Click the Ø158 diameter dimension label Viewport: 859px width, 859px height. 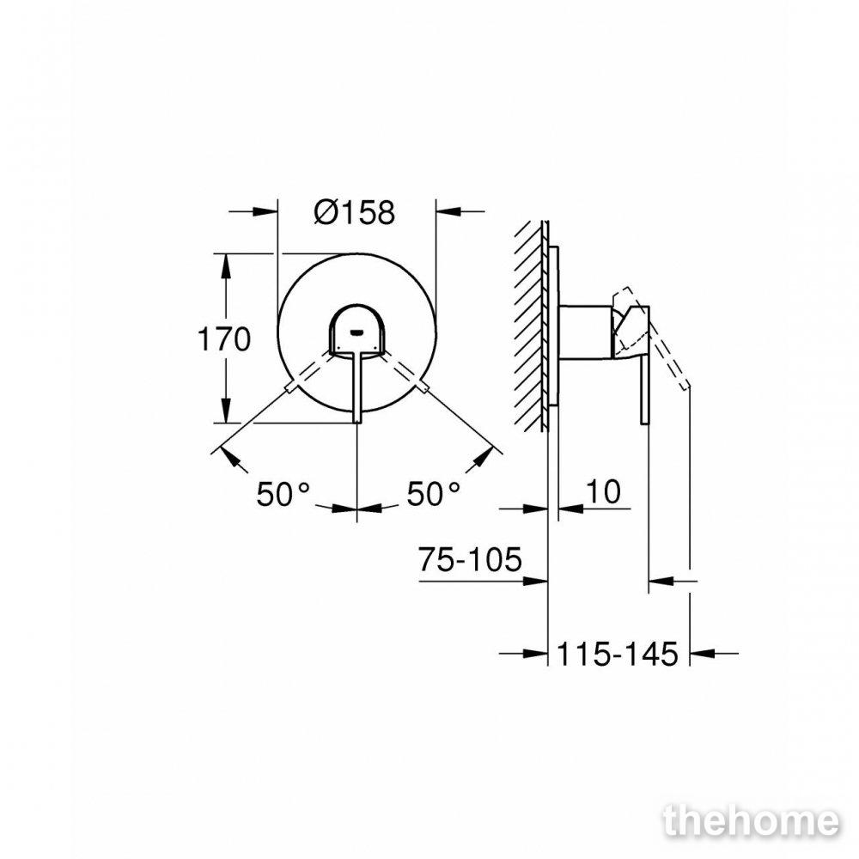355,212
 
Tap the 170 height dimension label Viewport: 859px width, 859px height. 224,339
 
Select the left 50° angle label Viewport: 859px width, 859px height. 283,494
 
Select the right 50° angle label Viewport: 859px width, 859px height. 433,494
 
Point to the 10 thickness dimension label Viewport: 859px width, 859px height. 604,491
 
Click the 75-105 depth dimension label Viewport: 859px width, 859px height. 470,559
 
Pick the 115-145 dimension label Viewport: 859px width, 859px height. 618,654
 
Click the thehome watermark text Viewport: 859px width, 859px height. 751,822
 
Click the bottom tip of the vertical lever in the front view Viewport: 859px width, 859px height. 357,423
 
